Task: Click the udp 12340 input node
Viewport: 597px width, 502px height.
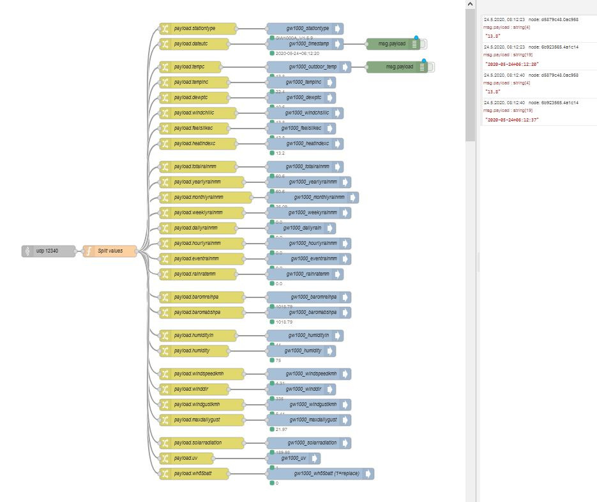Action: point(48,251)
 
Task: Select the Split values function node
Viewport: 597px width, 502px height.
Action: point(110,251)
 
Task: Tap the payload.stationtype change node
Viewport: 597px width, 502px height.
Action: point(198,29)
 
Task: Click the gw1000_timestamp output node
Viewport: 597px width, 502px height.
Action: point(305,44)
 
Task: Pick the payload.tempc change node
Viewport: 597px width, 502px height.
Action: point(190,67)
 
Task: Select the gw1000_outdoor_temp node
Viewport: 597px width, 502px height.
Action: point(309,67)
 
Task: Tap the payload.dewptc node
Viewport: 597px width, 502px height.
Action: point(193,98)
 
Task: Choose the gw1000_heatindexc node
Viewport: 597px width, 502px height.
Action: point(305,144)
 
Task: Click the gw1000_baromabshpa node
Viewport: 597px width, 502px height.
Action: point(309,313)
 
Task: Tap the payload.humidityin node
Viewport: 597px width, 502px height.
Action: point(198,336)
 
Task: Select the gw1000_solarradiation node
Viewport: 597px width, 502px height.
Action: point(309,443)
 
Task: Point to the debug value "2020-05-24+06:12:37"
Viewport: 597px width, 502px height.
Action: point(513,120)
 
